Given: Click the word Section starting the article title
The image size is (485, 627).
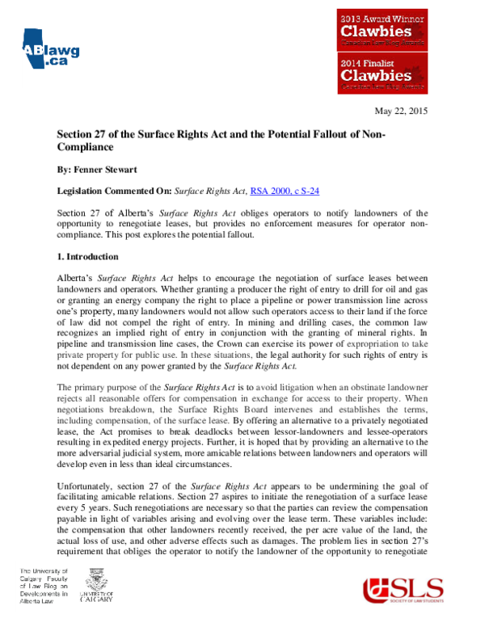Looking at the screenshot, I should [x=75, y=133].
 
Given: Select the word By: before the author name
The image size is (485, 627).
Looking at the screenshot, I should [x=65, y=172].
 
